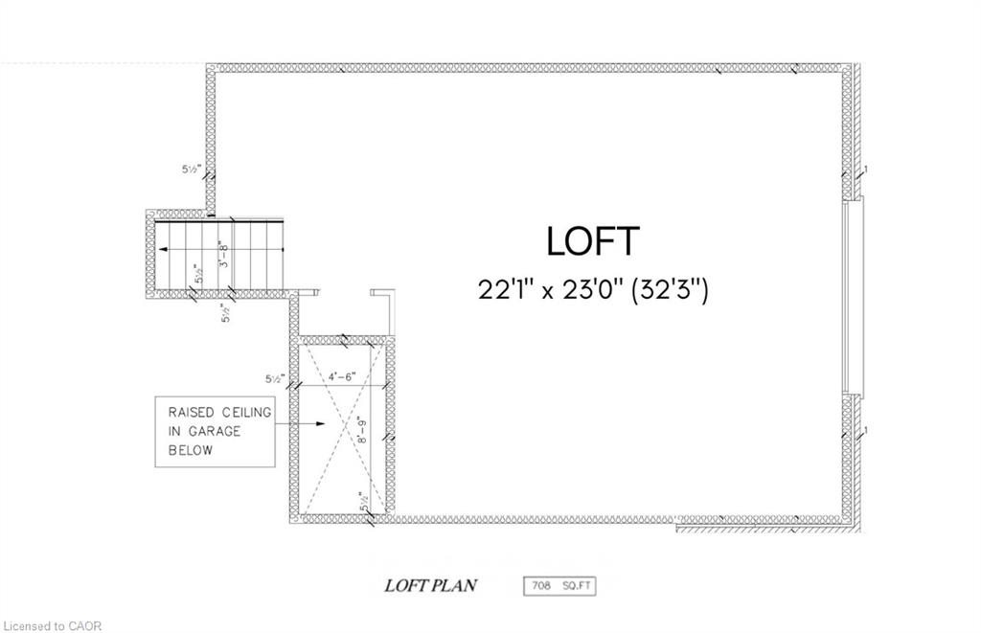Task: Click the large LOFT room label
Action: point(592,241)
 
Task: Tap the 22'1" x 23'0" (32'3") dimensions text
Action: point(593,290)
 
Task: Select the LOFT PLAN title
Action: point(430,585)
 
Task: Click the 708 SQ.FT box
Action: point(559,586)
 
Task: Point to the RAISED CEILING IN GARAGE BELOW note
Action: point(215,432)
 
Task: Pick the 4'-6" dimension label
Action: point(342,376)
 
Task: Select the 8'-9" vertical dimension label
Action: point(362,430)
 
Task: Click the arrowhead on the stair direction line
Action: point(163,250)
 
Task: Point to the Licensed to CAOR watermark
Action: point(53,625)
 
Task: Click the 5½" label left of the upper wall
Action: point(191,169)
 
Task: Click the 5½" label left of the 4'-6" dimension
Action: point(275,378)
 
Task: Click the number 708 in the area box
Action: point(541,586)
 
